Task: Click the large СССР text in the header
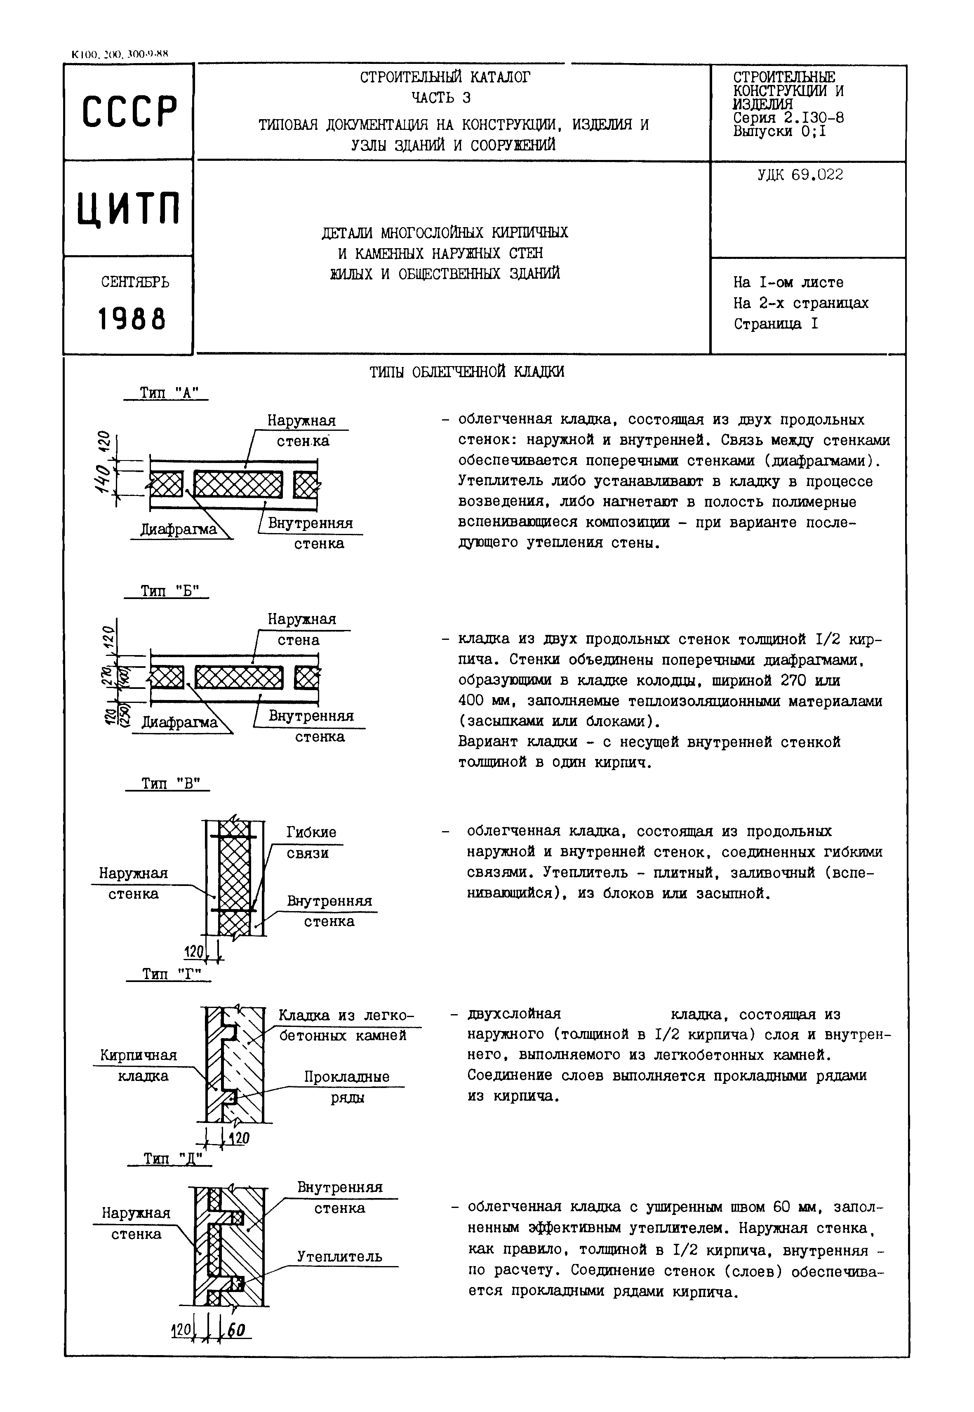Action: (129, 112)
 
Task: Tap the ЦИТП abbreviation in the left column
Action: (129, 209)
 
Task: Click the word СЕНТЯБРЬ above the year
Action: (135, 282)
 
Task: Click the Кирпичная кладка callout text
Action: (139, 1065)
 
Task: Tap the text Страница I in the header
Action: (775, 323)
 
